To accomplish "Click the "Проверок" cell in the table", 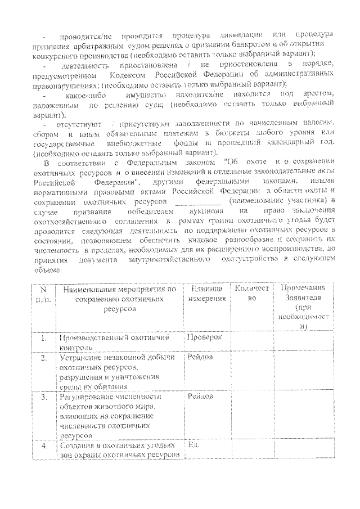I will pyautogui.click(x=205, y=337).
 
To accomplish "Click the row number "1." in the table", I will pyautogui.click(x=43, y=339).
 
